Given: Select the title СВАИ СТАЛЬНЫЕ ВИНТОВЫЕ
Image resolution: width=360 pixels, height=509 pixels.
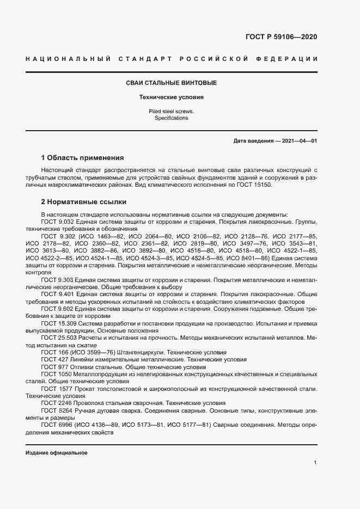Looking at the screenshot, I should tap(171, 83).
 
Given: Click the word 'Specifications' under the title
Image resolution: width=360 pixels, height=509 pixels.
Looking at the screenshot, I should tap(171, 118).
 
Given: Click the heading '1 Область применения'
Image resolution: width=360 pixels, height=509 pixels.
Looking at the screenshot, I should tap(83, 158).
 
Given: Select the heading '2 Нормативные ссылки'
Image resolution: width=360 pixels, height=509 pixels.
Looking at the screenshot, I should tap(83, 201).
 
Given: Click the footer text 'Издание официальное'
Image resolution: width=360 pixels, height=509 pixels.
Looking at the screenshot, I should tap(56, 453).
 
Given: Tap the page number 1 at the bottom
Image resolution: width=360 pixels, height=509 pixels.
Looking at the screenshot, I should tap(315, 462).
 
